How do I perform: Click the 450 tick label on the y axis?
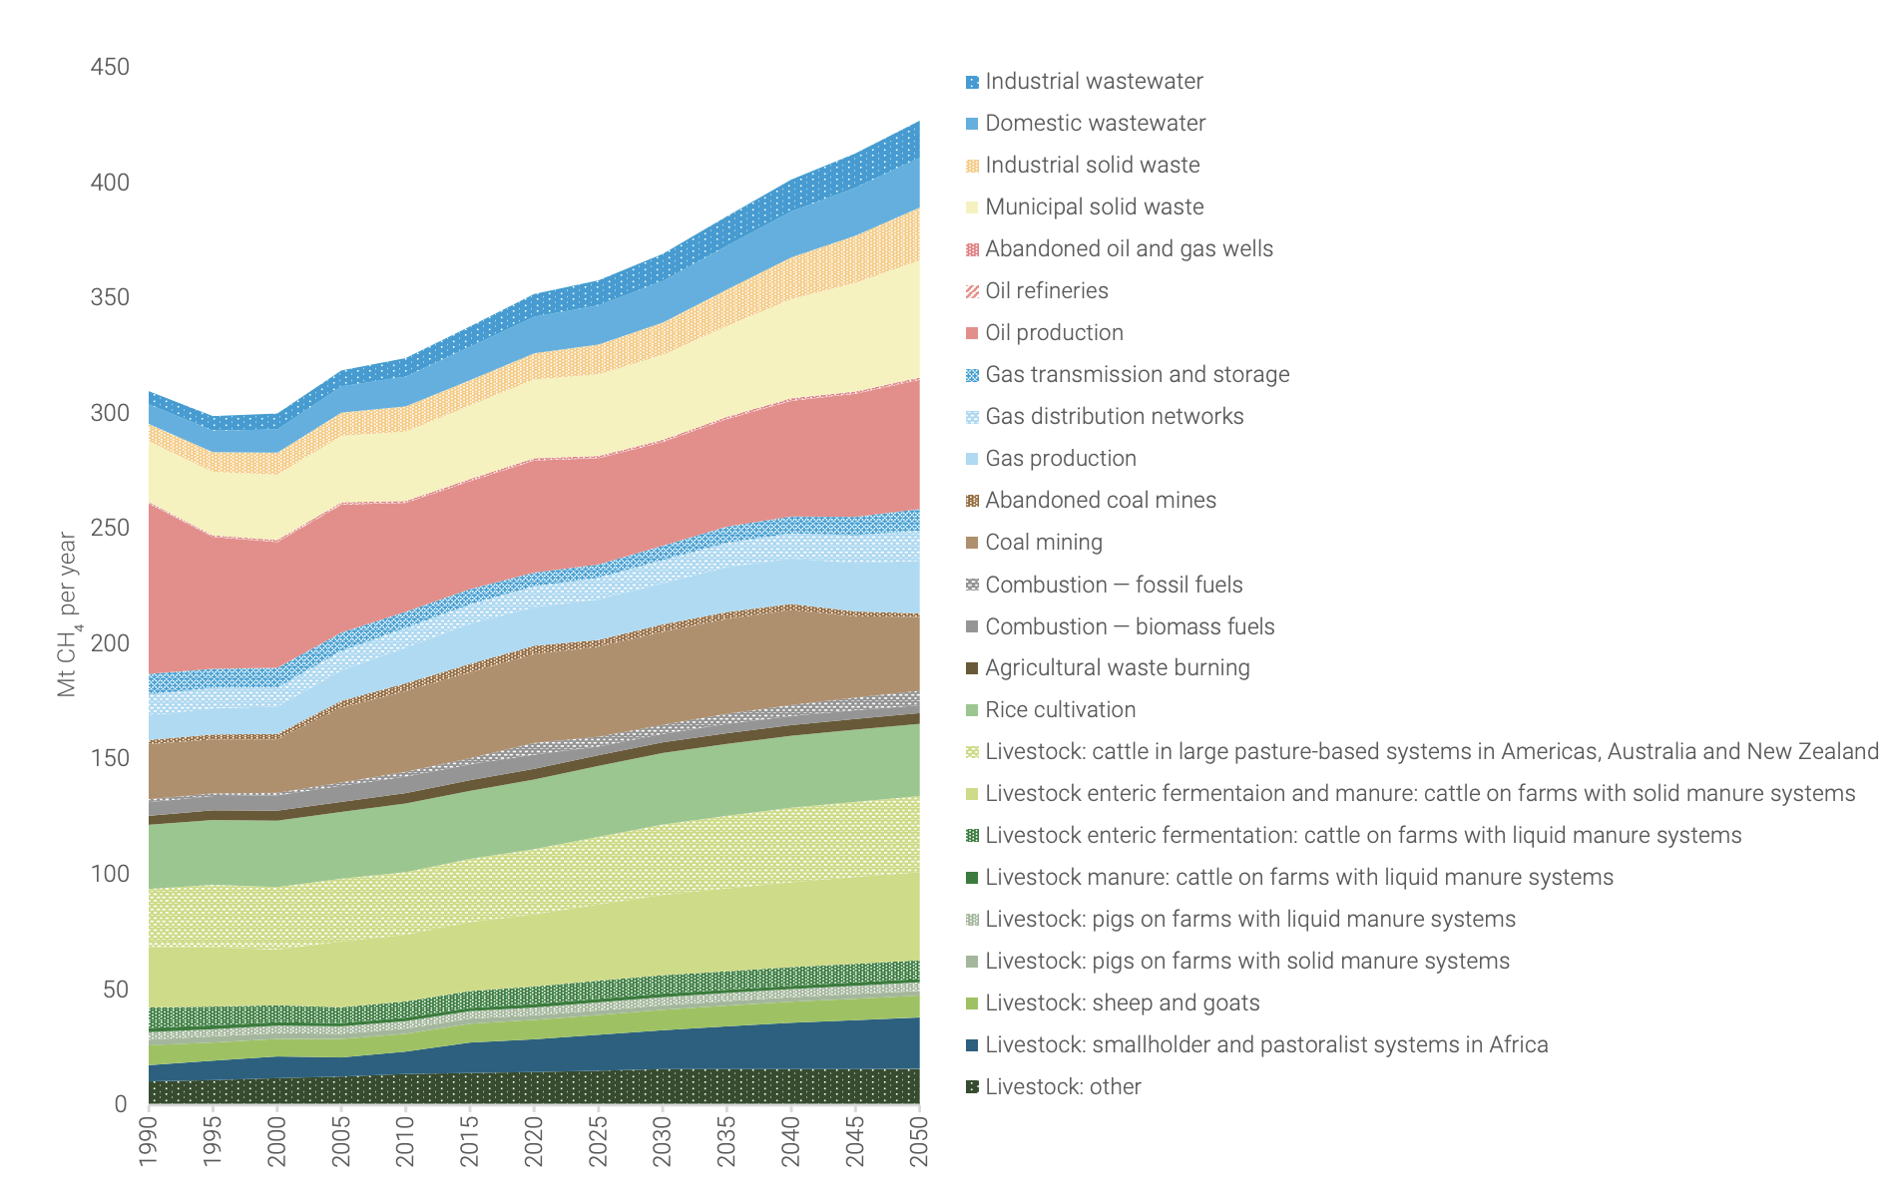[110, 67]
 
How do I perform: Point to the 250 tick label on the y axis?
[110, 528]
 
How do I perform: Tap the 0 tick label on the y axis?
[121, 1104]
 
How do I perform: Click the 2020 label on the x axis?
[535, 1141]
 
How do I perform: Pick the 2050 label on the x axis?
[920, 1141]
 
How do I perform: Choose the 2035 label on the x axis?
[727, 1141]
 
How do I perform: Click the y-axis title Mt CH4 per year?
[68, 613]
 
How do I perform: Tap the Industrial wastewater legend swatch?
[972, 82]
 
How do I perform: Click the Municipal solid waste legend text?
[1094, 206]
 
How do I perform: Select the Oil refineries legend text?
[1046, 290]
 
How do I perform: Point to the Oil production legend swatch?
[972, 333]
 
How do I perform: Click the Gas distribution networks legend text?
[1114, 416]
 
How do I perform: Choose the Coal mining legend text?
[1043, 542]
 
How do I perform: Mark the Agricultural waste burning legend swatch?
[972, 668]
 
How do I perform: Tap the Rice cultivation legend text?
[1060, 709]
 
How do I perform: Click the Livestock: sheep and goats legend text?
[1122, 1002]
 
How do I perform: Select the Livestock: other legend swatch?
[972, 1087]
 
